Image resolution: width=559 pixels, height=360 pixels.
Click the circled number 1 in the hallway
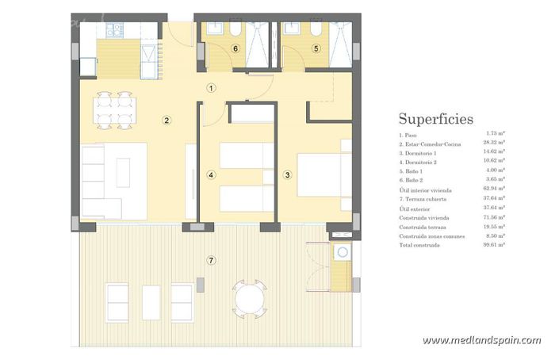(x=211, y=88)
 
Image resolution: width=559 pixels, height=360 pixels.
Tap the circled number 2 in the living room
(x=167, y=121)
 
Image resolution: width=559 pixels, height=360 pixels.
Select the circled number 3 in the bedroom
(x=288, y=174)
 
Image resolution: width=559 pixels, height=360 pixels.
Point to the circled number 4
(x=211, y=174)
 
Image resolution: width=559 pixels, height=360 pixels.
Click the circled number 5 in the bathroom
(x=316, y=48)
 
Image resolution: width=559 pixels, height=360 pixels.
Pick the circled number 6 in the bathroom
(x=235, y=48)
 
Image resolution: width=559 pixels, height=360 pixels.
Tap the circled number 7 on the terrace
(x=210, y=260)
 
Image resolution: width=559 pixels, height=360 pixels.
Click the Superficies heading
(x=435, y=119)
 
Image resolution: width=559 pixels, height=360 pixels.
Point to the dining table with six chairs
(x=114, y=110)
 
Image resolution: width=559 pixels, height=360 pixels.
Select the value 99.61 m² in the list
(x=496, y=246)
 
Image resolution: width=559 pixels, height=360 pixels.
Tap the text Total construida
(x=419, y=246)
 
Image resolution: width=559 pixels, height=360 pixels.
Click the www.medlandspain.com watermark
(x=481, y=340)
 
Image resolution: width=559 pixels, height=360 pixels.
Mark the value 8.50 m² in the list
(x=497, y=236)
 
